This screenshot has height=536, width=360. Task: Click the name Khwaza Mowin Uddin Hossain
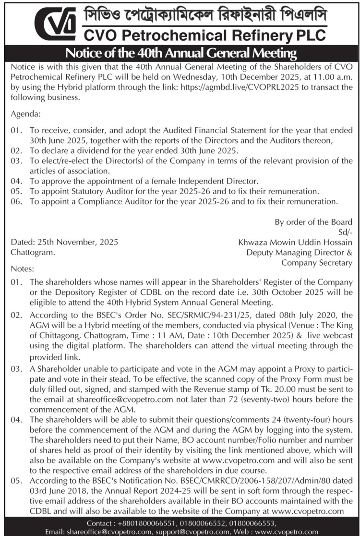295,242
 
